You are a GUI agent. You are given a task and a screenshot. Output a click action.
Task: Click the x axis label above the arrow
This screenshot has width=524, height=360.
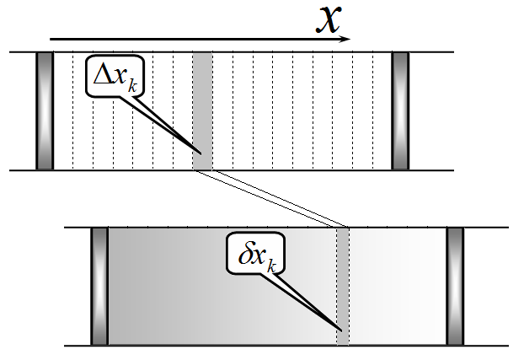click(x=329, y=19)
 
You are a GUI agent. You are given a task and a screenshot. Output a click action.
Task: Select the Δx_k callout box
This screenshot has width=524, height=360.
click(x=115, y=76)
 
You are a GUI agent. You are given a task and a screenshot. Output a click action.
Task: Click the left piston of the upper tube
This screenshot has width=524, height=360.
click(x=45, y=110)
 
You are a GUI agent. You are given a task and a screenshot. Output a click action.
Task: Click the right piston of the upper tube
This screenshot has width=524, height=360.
click(x=400, y=110)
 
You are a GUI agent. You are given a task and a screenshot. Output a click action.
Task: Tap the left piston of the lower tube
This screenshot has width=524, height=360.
click(x=99, y=287)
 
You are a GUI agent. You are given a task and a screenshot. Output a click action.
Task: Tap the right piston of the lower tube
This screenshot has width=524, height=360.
click(x=455, y=287)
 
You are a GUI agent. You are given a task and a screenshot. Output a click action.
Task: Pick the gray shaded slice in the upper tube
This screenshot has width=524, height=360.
click(x=202, y=110)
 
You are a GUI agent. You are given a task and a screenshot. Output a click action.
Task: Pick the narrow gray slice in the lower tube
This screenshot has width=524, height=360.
click(x=343, y=287)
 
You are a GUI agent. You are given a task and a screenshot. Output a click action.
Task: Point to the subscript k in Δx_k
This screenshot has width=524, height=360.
click(x=132, y=86)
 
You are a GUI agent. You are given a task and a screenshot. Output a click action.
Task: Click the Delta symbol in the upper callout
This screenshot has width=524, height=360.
click(x=102, y=74)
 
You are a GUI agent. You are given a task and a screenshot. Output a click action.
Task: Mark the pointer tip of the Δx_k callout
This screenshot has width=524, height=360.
click(x=201, y=154)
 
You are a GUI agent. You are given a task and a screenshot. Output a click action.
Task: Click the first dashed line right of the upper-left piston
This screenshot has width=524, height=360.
click(x=72, y=110)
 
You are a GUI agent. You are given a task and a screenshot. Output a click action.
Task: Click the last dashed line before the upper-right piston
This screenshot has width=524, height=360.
click(x=373, y=110)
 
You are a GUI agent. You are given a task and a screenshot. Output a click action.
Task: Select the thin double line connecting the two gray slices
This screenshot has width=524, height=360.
click(x=271, y=199)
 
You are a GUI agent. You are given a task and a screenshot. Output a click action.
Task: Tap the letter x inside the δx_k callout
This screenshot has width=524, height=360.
click(x=259, y=257)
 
